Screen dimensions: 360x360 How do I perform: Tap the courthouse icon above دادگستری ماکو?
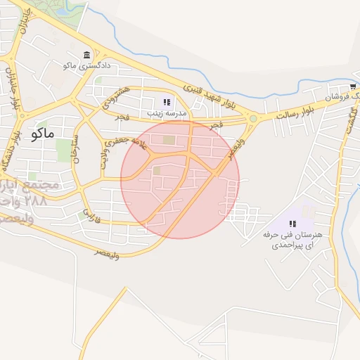[86, 55]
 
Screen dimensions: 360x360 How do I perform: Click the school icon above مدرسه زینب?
[167, 102]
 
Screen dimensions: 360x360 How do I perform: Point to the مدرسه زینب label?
[166, 112]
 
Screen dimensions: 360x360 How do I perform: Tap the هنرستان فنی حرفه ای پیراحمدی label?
[291, 239]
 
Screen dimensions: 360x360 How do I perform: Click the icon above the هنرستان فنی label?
[292, 224]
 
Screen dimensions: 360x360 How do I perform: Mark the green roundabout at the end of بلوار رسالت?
[252, 119]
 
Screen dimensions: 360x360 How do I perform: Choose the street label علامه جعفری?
[129, 138]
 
